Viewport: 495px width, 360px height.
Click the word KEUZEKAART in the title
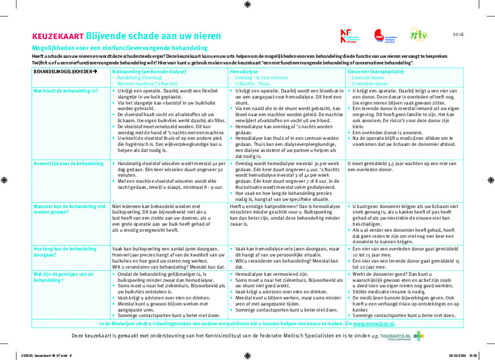(58, 36)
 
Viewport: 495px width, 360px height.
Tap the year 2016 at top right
(458, 34)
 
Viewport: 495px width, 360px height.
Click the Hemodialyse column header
(244, 72)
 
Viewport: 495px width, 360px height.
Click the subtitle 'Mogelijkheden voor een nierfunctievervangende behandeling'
(119, 48)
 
